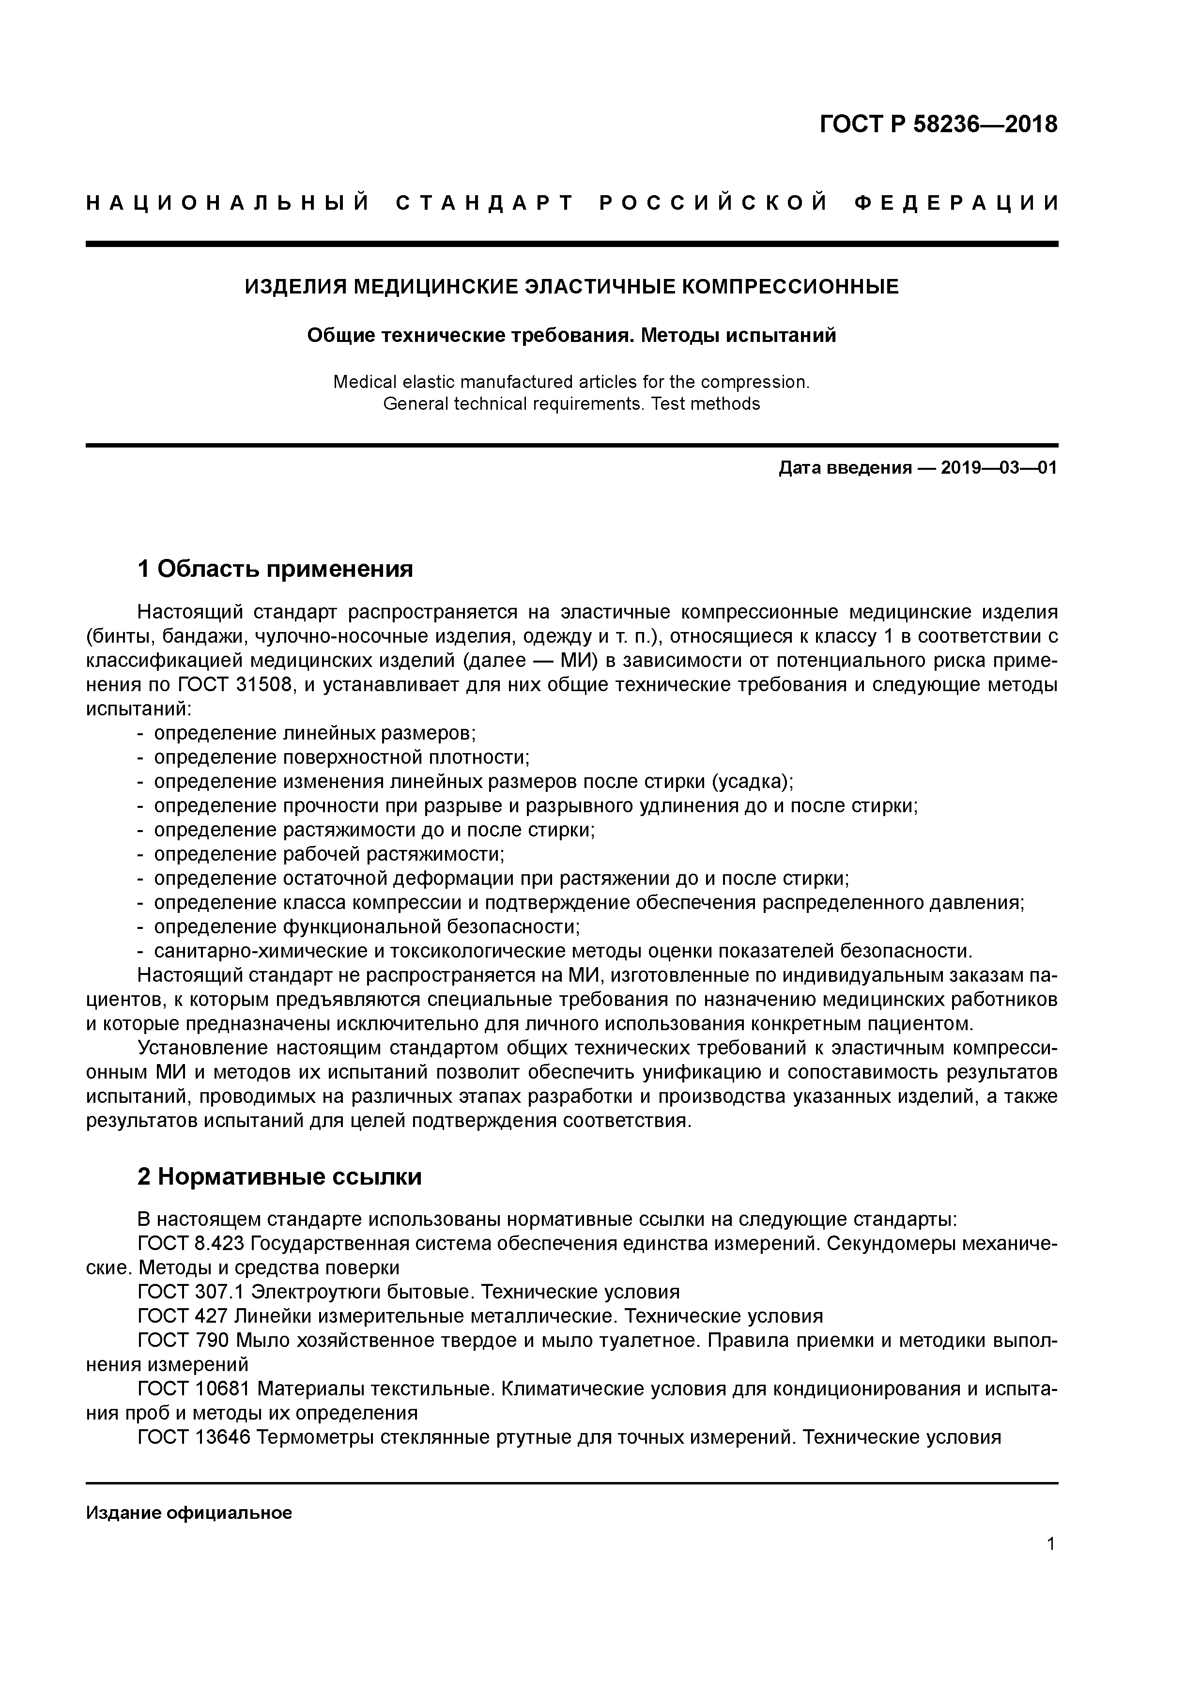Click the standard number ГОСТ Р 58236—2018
point(939,124)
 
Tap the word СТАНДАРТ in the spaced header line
point(485,203)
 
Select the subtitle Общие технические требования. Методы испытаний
point(571,335)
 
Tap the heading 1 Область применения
point(275,569)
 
